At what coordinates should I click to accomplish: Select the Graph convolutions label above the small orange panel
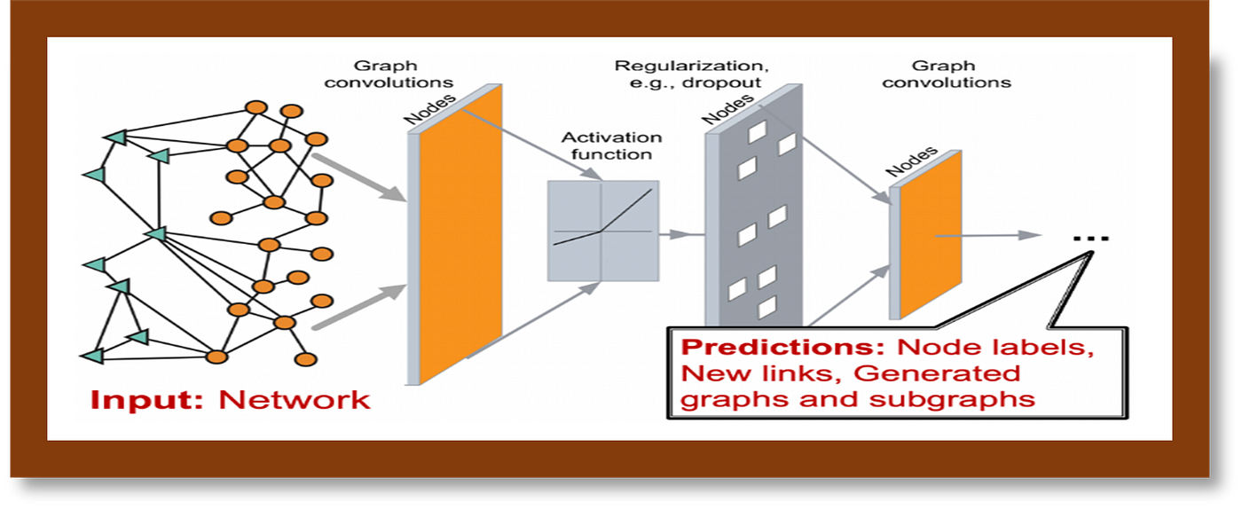click(x=947, y=74)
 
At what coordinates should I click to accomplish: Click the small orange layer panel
click(x=931, y=234)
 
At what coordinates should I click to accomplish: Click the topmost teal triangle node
click(x=116, y=137)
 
